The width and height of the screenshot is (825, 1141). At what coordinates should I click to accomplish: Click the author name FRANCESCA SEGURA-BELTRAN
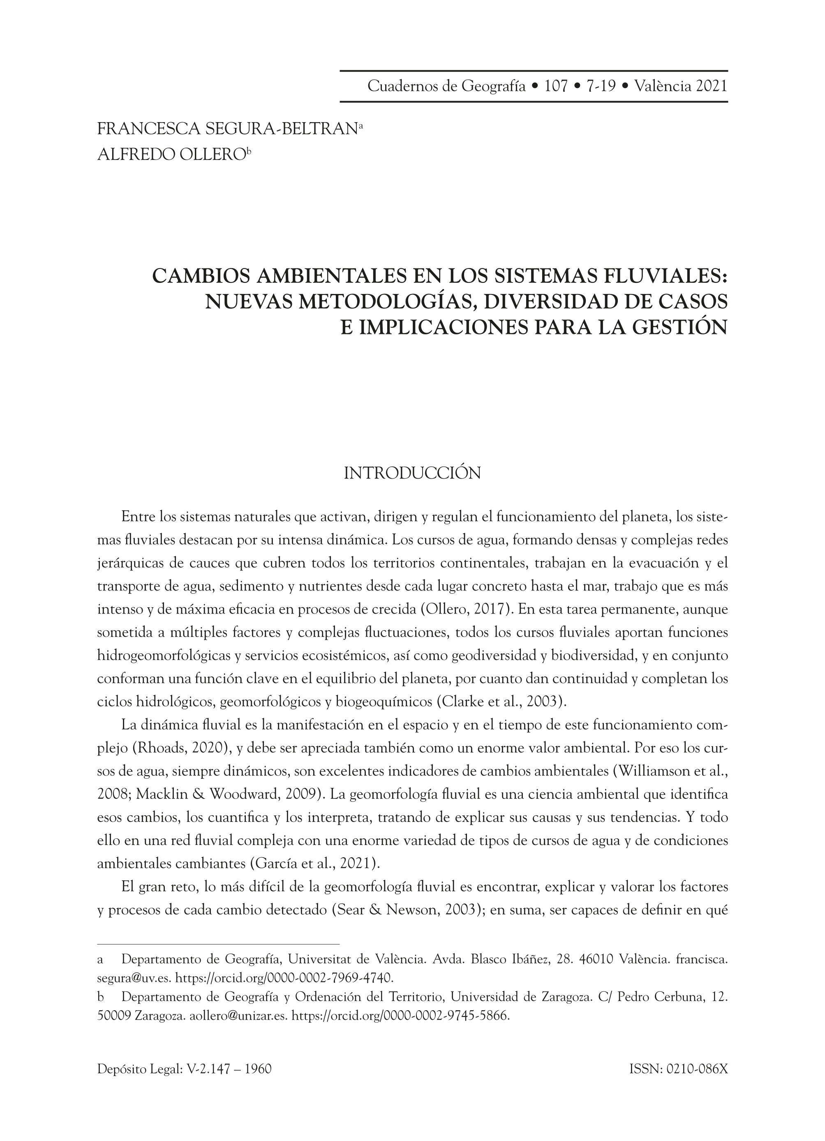(x=227, y=129)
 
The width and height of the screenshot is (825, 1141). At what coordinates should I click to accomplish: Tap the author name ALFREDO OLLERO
(x=171, y=155)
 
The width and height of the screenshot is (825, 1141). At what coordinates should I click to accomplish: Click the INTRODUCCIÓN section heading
(x=412, y=473)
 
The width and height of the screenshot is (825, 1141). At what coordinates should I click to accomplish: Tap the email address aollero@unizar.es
(x=238, y=1016)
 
